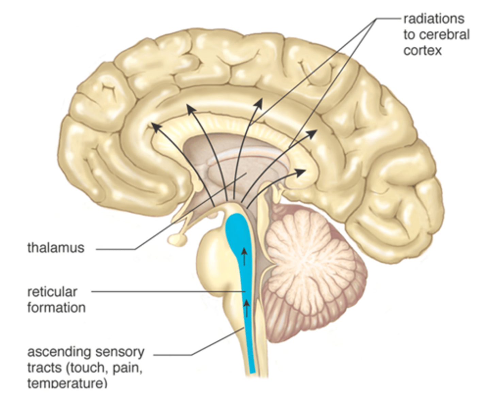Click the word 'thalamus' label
pos(56,248)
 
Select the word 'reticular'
pos(52,292)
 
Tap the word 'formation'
pos(56,308)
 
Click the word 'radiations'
pos(434,19)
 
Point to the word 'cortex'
pos(422,50)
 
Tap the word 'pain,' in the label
pos(128,368)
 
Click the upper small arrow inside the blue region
pos(244,254)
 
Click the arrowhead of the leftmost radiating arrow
pos(155,126)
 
